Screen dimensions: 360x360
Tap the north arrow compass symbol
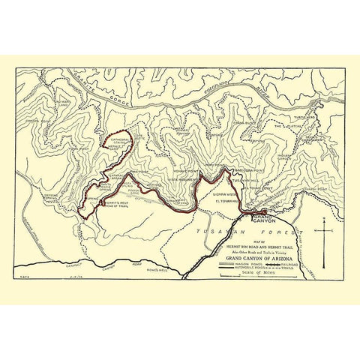tap(324, 240)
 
